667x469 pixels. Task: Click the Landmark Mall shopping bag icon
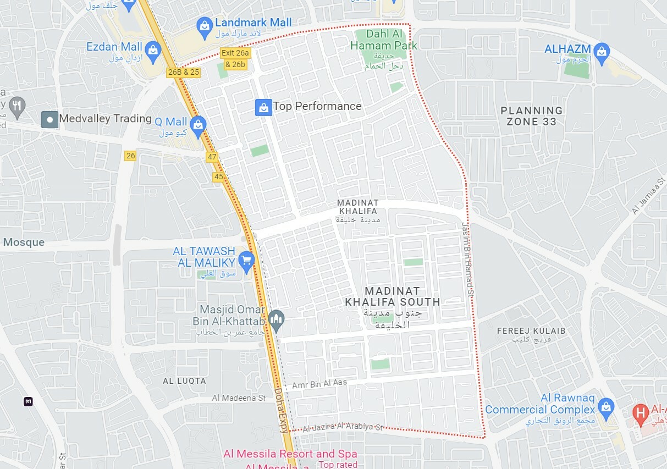tap(205, 26)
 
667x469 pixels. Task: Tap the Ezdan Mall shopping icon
tap(153, 49)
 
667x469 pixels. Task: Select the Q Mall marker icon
tap(198, 124)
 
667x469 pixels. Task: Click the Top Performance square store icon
tap(264, 107)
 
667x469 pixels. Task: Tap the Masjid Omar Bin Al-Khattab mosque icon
tap(277, 321)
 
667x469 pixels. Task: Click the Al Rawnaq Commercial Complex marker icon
tap(605, 407)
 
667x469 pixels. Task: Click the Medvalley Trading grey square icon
tap(50, 119)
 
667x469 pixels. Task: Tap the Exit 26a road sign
tap(235, 53)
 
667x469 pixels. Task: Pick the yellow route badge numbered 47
tap(212, 157)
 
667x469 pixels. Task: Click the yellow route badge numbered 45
tap(218, 176)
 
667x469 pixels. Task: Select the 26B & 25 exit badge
tap(184, 72)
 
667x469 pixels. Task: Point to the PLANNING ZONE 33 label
tap(531, 116)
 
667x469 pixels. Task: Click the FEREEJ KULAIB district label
tap(531, 331)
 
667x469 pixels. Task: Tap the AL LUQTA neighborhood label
tap(184, 380)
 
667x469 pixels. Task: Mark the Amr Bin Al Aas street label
tap(319, 385)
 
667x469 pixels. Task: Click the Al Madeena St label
tap(239, 398)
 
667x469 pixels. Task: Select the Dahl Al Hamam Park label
tap(384, 40)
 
